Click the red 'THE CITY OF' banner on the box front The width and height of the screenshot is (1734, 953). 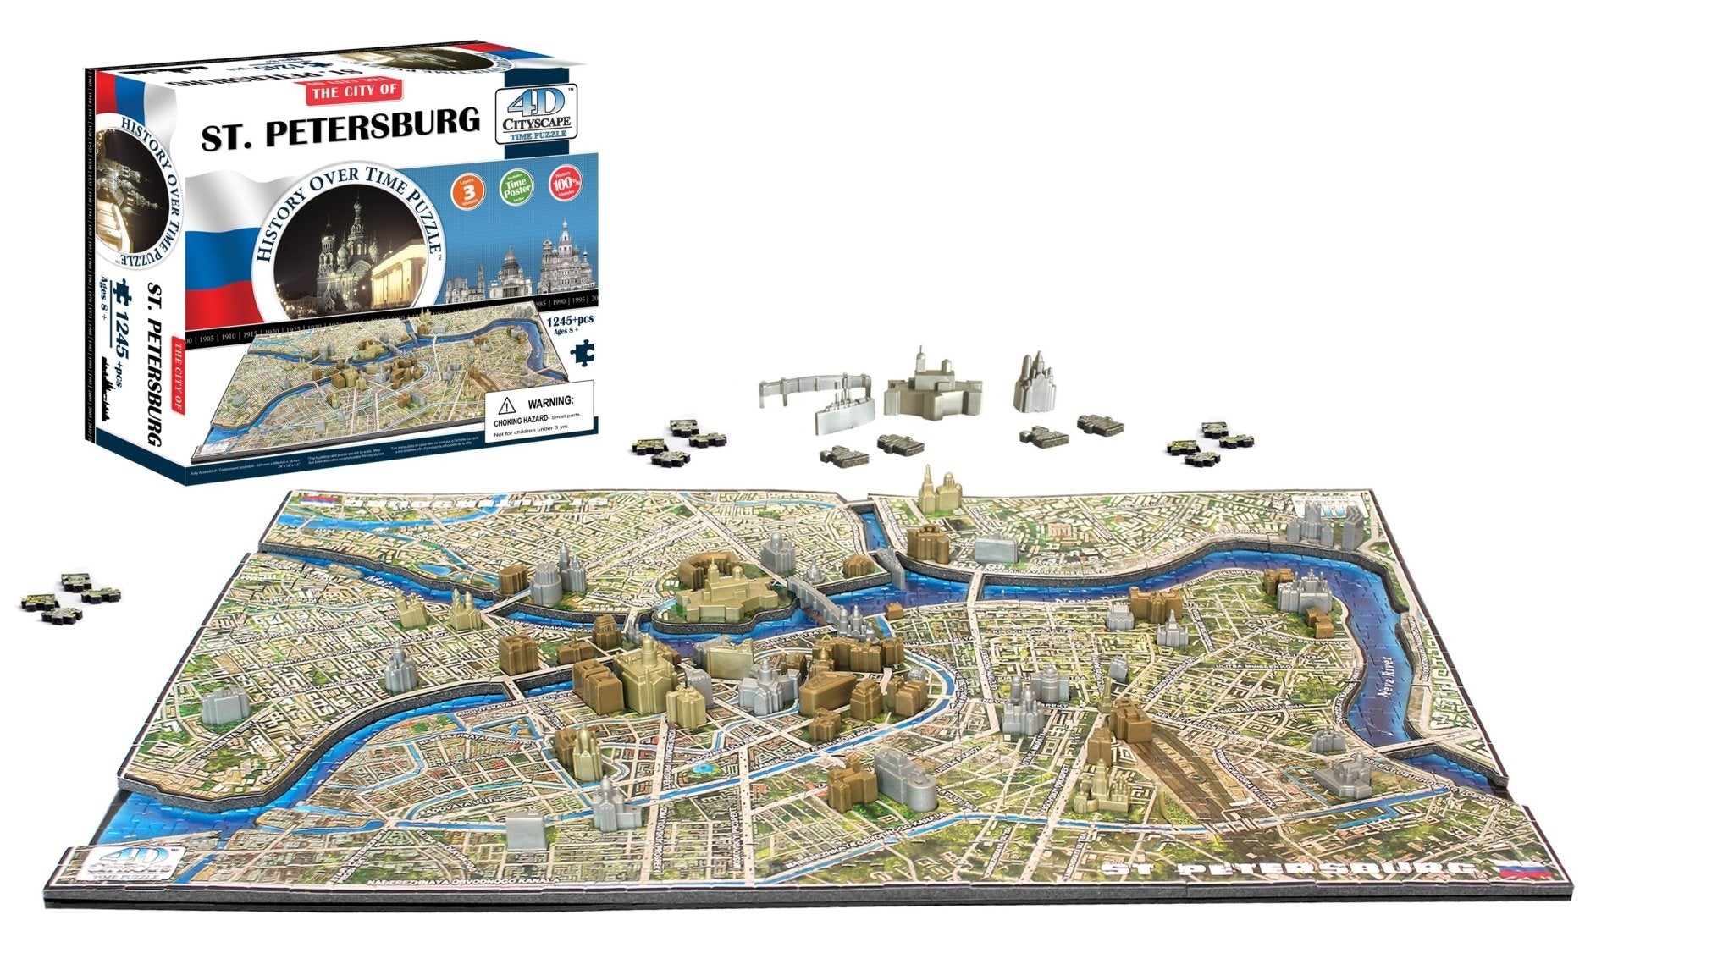point(356,91)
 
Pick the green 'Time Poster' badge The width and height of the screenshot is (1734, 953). point(516,187)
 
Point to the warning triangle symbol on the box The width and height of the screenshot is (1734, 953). point(507,405)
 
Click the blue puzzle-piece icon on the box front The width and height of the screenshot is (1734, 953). point(582,352)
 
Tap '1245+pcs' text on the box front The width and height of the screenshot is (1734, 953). point(570,320)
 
